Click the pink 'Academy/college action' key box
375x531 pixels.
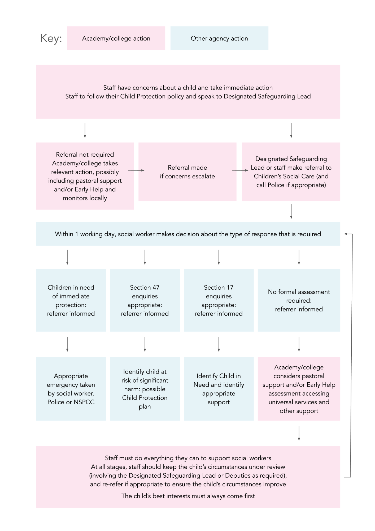click(116, 38)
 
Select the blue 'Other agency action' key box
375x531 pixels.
click(219, 38)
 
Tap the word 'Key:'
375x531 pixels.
click(51, 38)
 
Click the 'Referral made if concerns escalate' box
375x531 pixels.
click(187, 172)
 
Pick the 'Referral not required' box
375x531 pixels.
click(85, 176)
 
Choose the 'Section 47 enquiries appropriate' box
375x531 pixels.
click(145, 300)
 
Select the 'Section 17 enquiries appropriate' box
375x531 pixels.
click(219, 300)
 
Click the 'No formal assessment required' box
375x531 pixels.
click(299, 300)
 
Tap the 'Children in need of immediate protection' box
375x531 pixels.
click(71, 300)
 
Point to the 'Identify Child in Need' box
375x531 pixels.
click(219, 389)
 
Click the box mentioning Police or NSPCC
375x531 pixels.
click(71, 389)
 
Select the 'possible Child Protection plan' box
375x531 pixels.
click(145, 389)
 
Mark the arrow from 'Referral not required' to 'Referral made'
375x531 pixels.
click(136, 170)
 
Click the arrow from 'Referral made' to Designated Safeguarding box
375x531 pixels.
click(240, 170)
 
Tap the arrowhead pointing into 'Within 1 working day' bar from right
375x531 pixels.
click(346, 234)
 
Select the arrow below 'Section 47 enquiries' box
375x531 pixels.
click(145, 344)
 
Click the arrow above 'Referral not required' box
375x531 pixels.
click(85, 130)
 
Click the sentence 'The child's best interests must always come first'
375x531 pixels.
click(188, 496)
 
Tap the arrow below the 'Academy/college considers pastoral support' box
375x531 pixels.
click(299, 433)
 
